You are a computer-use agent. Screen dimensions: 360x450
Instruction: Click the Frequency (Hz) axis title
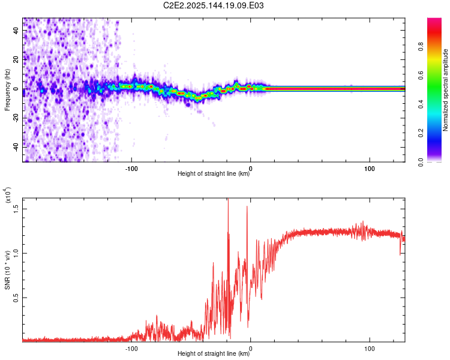[x=7, y=90]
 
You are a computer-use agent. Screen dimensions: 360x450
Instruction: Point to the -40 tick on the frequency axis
[x=16, y=146]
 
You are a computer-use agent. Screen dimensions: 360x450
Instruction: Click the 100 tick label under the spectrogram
[x=370, y=167]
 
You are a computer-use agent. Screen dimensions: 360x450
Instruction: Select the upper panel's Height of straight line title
[x=214, y=174]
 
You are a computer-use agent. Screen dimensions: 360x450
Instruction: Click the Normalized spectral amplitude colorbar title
[x=446, y=90]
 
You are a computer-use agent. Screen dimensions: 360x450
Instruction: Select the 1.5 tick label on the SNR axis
[x=16, y=208]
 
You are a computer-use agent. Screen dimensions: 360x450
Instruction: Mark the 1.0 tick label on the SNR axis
[x=16, y=253]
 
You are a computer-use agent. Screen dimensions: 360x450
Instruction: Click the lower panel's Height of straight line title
[x=214, y=354]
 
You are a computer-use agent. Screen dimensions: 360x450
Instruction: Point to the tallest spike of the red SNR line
[x=228, y=199]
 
